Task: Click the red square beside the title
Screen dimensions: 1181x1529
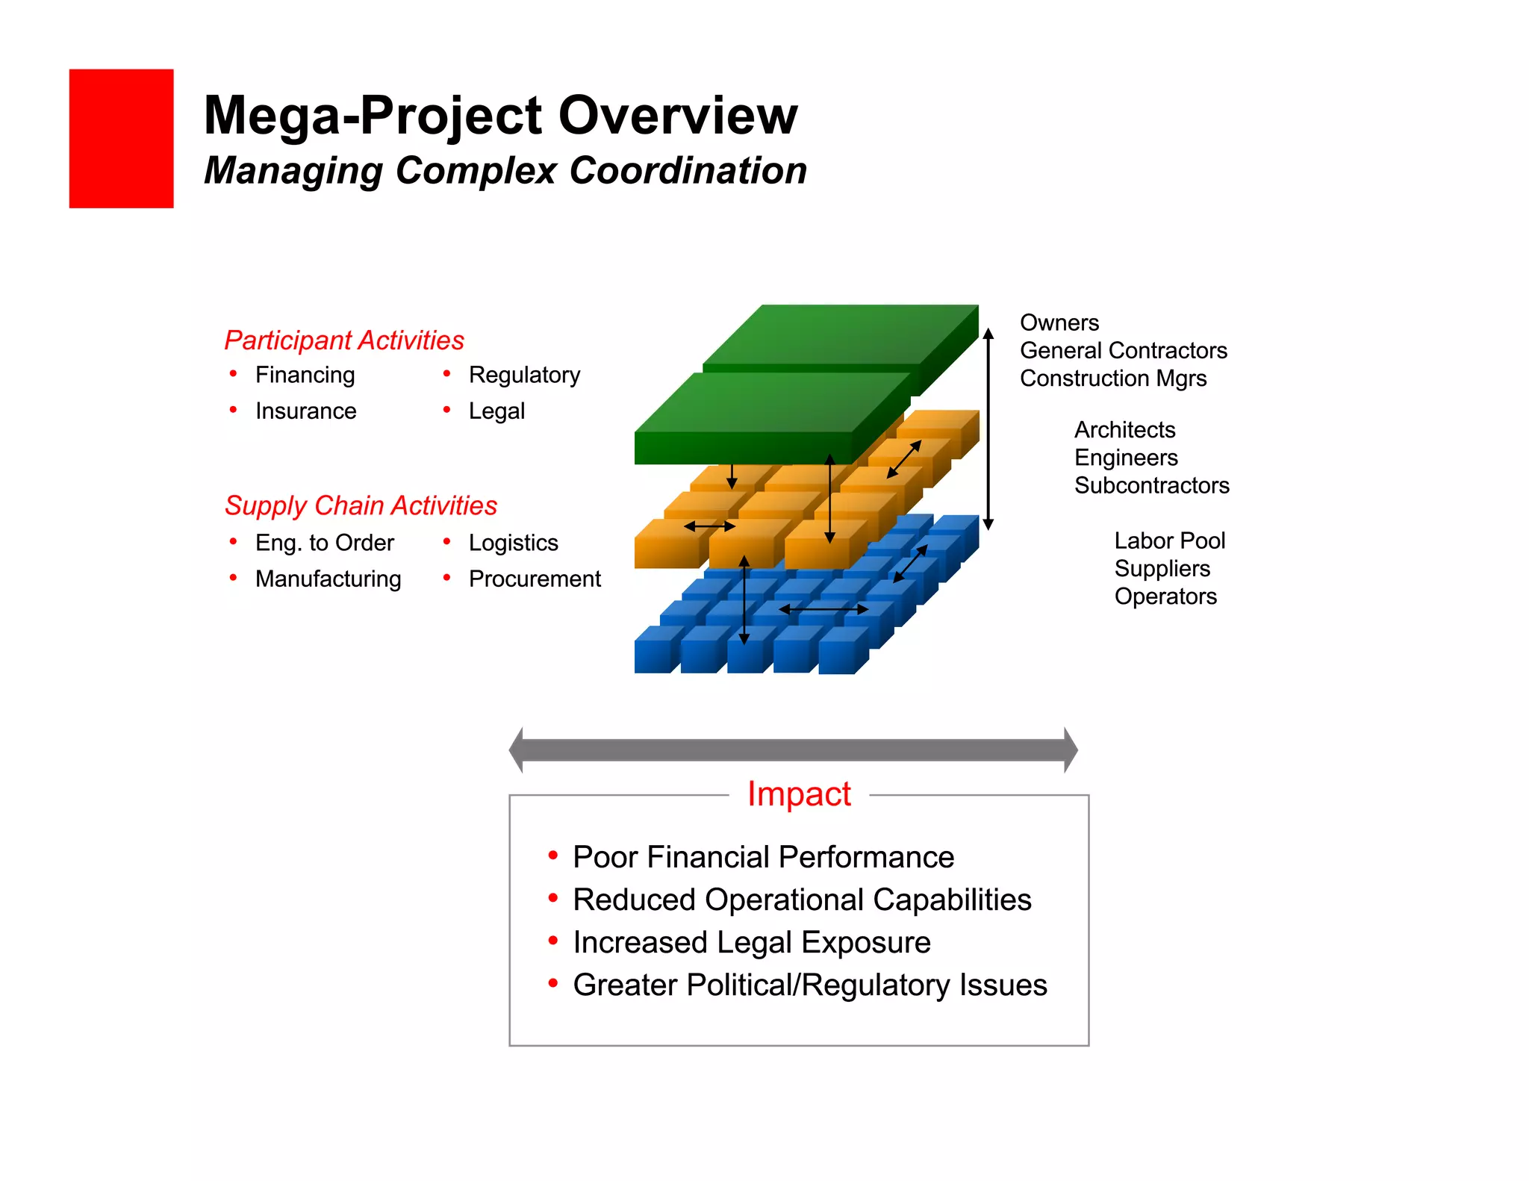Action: click(121, 138)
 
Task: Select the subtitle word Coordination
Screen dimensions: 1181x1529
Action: click(688, 170)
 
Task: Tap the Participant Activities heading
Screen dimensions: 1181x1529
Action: click(344, 340)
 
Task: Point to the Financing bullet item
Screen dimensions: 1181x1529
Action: click(305, 375)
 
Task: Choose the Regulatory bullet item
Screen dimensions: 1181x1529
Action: click(524, 375)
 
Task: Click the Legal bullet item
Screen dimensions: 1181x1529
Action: click(496, 411)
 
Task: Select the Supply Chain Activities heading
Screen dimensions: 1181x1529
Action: click(361, 505)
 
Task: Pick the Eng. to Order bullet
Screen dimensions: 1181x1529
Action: click(324, 543)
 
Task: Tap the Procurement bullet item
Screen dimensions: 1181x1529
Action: click(535, 579)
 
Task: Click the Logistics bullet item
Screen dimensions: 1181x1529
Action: click(513, 543)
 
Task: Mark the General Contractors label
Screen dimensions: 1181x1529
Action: click(1123, 350)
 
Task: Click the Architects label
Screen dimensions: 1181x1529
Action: click(1124, 430)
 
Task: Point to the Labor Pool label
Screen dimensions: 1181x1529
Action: click(1169, 540)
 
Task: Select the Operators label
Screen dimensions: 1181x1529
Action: click(1165, 596)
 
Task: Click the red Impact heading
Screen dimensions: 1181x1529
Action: click(799, 794)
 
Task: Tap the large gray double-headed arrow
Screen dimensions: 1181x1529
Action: click(793, 750)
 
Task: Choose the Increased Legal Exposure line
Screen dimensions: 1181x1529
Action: click(751, 942)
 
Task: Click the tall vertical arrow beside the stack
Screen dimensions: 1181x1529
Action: click(988, 429)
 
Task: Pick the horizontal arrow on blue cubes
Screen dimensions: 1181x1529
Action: click(823, 609)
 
